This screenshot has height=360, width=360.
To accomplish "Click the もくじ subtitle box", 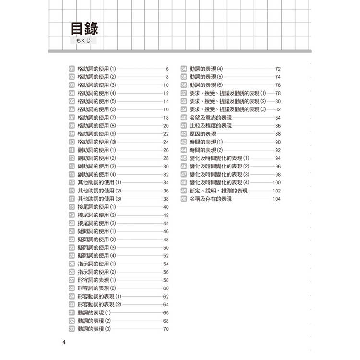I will pyautogui.click(x=84, y=42).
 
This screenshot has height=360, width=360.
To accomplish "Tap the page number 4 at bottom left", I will pyautogui.click(x=64, y=342).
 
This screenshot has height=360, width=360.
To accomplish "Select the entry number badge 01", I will pyautogui.click(x=72, y=69).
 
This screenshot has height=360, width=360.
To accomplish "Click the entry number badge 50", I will pyautogui.click(x=184, y=198).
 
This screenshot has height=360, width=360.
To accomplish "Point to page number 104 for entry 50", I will pyautogui.click(x=276, y=198).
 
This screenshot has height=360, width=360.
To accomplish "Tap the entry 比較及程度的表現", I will pyautogui.click(x=211, y=126).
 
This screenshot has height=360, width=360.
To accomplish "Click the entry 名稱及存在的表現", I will pyautogui.click(x=211, y=198).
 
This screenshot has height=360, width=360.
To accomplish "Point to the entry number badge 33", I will pyautogui.click(x=72, y=329).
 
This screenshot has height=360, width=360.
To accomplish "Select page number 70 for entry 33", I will pyautogui.click(x=166, y=329).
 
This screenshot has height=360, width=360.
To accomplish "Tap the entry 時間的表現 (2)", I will pyautogui.click(x=206, y=150).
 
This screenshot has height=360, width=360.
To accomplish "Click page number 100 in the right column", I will pyautogui.click(x=276, y=182).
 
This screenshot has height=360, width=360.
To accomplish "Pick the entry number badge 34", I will pyautogui.click(x=184, y=69).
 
